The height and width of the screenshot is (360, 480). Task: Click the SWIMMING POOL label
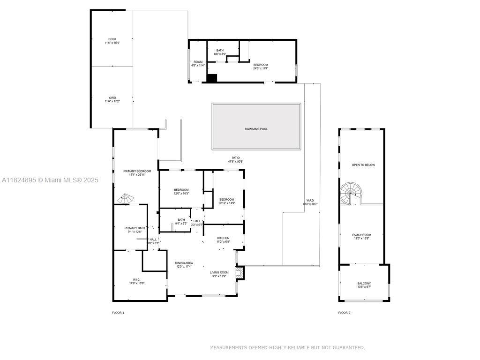256,129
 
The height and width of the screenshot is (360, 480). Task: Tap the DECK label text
112,39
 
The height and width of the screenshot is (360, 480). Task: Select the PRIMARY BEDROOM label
134,171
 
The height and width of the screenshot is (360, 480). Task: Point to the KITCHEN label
223,238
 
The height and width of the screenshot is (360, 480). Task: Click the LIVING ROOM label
219,272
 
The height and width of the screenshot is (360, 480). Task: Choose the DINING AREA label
184,263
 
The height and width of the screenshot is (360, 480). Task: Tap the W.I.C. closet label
136,280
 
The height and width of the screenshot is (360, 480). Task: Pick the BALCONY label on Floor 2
364,284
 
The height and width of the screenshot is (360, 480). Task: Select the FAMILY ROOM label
361,235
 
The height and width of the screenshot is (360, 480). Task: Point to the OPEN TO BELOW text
363,165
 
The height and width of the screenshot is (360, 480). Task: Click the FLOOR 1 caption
118,313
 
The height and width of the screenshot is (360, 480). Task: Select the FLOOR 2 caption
344,313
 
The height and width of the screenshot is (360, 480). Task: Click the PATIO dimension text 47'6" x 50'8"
235,162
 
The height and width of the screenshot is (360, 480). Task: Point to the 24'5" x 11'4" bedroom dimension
260,68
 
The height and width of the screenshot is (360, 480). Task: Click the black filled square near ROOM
212,78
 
